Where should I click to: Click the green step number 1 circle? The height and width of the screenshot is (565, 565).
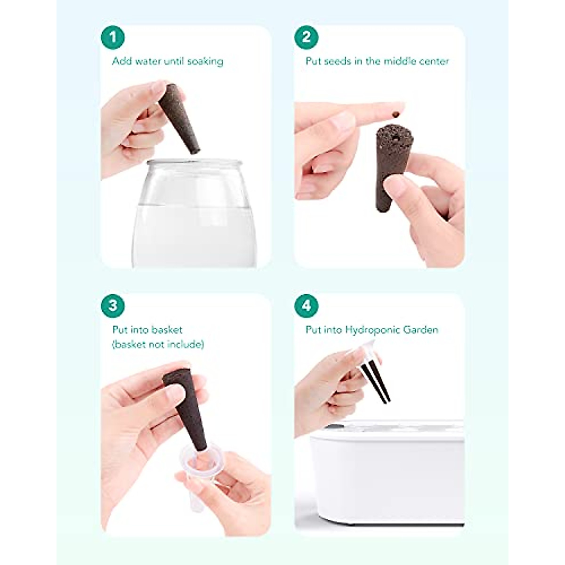(113, 37)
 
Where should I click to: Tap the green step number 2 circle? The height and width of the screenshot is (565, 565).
(307, 37)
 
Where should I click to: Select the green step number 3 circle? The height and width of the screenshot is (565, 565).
(113, 305)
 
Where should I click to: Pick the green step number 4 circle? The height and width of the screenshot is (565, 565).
(307, 305)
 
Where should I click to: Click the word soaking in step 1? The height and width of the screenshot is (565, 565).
(205, 62)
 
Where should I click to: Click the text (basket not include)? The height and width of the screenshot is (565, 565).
(158, 345)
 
